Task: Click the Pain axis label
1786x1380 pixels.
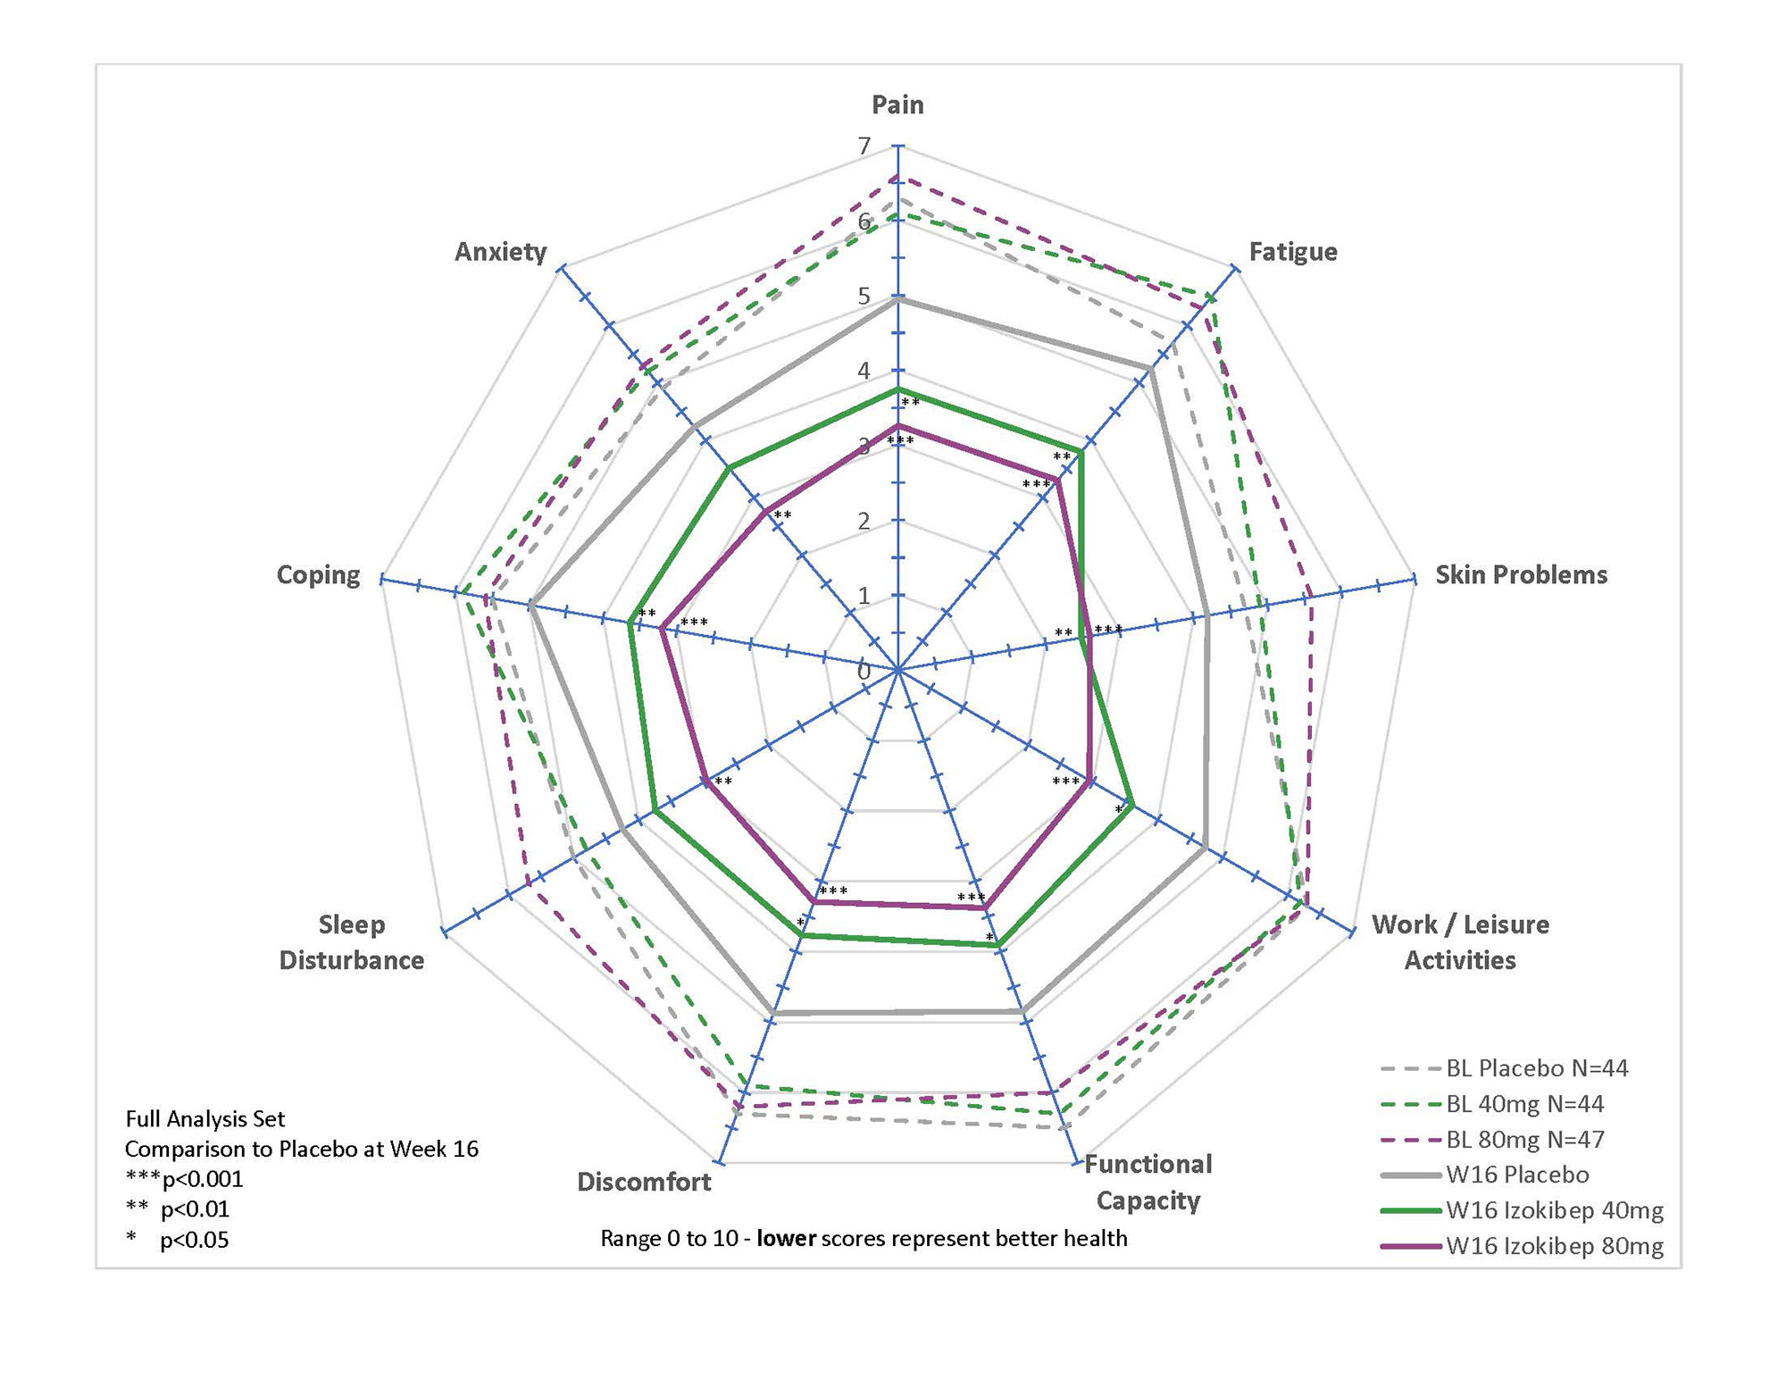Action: pos(897,105)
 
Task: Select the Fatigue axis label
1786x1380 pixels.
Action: pos(1292,252)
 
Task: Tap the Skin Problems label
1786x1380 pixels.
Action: pos(1521,574)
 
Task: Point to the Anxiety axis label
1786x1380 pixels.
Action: pos(500,252)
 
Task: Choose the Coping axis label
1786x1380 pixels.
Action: pos(318,574)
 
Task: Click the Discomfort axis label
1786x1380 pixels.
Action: pos(644,1182)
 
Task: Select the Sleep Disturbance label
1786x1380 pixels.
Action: pos(352,942)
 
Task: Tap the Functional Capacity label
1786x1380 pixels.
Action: pos(1148,1182)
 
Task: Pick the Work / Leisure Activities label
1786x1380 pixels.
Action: pos(1460,942)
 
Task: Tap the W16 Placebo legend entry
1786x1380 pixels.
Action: pos(1517,1175)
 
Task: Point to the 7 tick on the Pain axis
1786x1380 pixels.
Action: pos(864,146)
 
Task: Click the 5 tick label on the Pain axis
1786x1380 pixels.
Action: pos(864,296)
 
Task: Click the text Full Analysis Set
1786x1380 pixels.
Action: pos(205,1118)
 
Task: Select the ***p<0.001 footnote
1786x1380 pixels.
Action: pos(184,1179)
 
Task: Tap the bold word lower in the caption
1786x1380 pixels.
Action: pos(786,1239)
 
